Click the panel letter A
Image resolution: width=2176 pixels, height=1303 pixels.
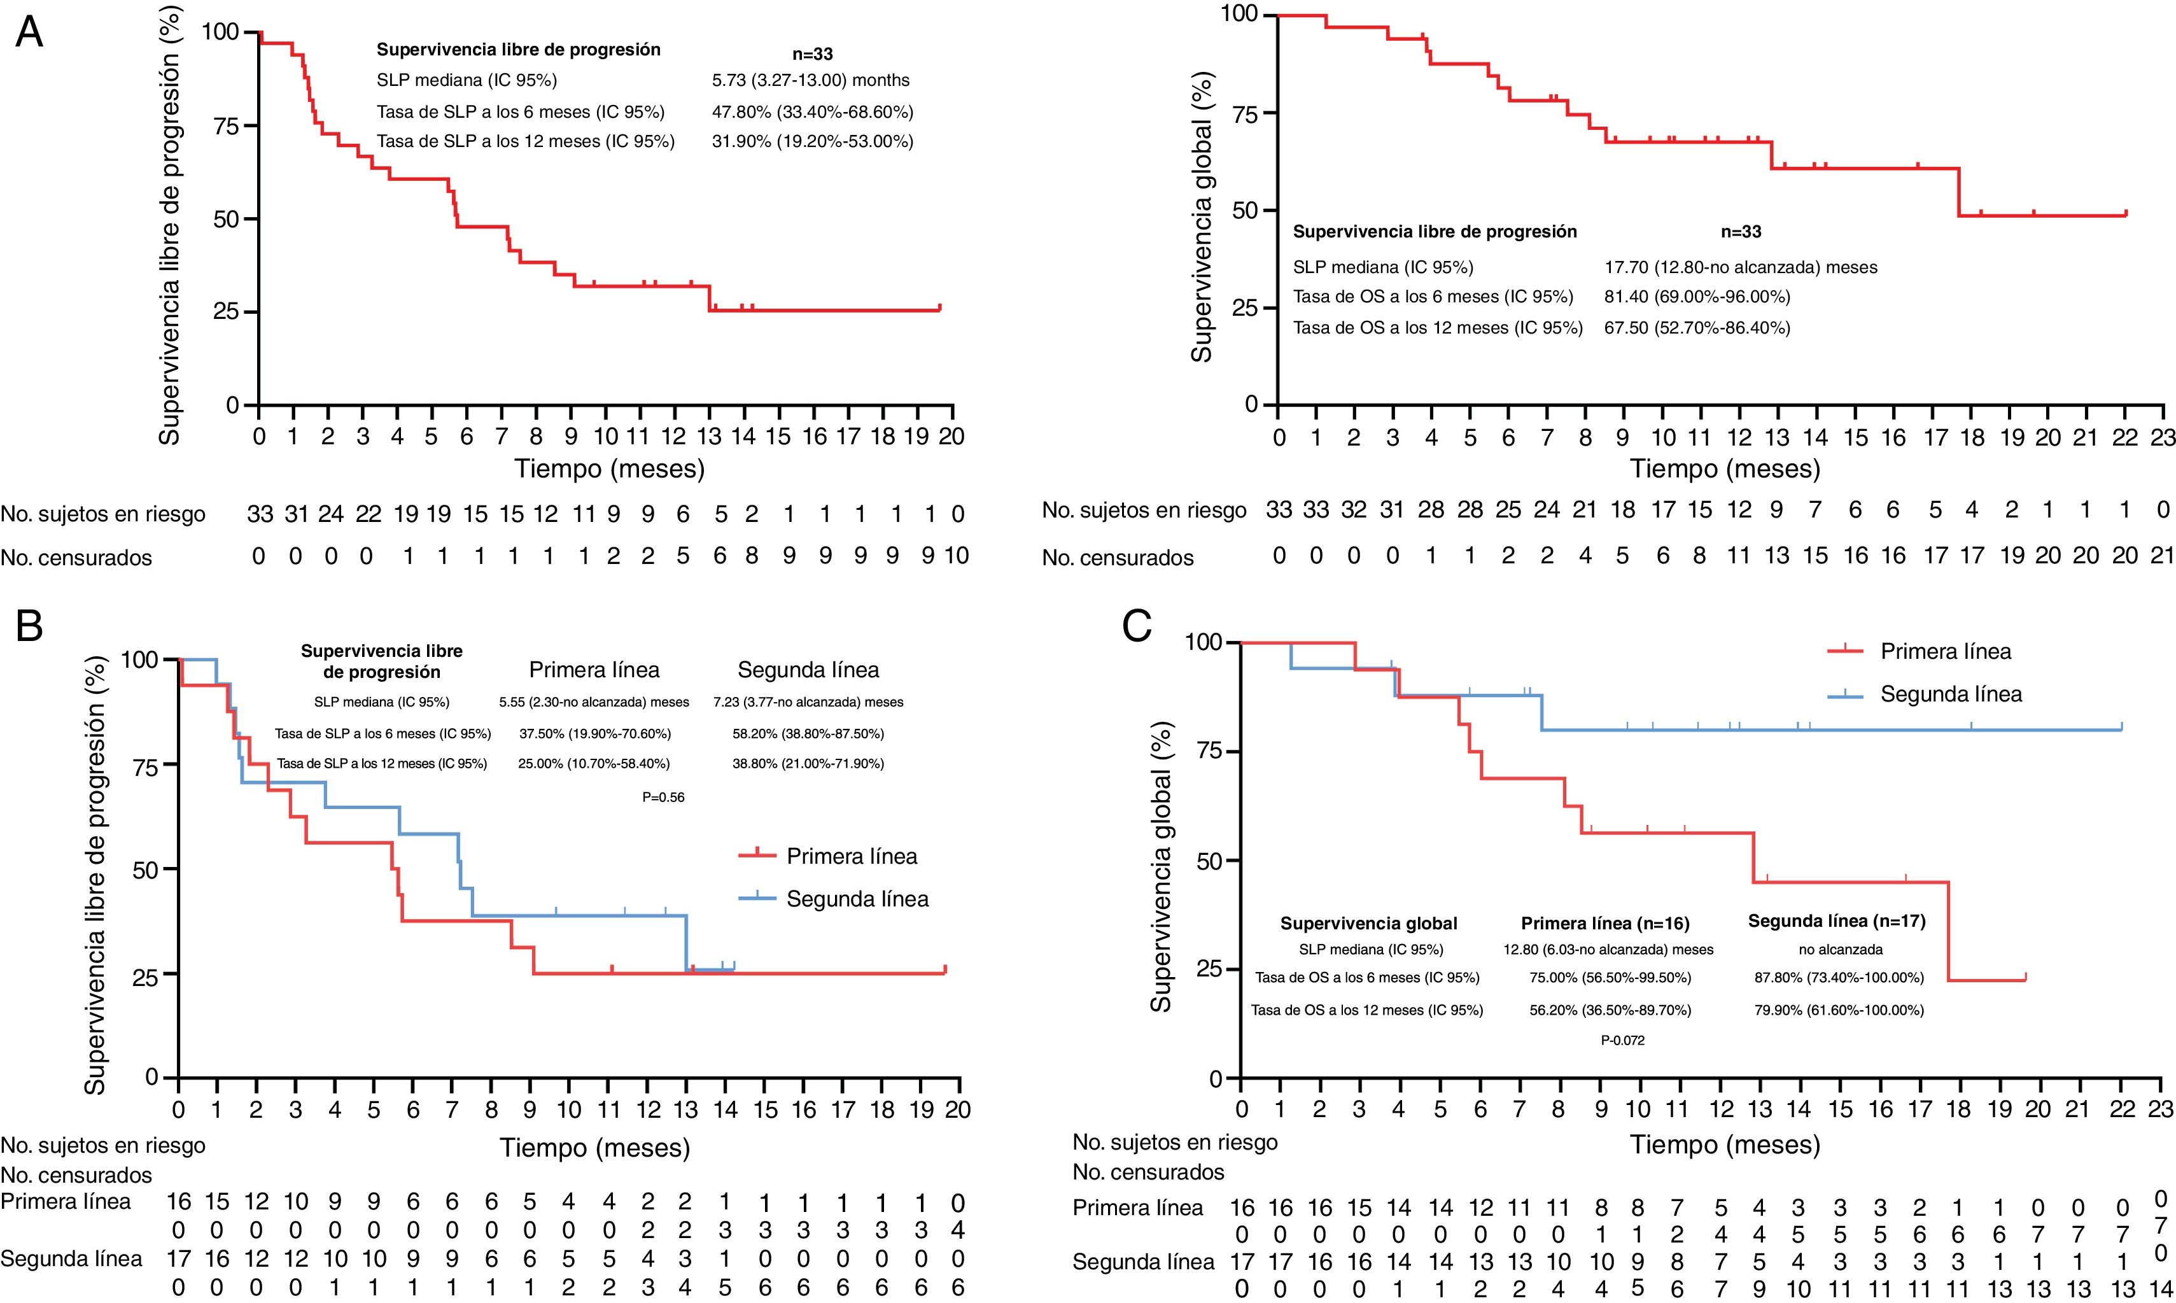pyautogui.click(x=29, y=32)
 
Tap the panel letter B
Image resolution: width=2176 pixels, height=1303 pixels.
pyautogui.click(x=29, y=627)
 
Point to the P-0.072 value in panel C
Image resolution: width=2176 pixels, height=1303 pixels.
pyautogui.click(x=1622, y=1041)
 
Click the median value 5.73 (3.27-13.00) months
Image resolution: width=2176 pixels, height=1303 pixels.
pyautogui.click(x=810, y=80)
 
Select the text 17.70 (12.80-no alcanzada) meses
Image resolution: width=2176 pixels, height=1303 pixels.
pyautogui.click(x=1741, y=267)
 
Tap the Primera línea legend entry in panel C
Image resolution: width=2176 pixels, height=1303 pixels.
pyautogui.click(x=1945, y=652)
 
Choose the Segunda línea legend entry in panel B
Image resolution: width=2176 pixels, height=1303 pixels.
pyautogui.click(x=857, y=898)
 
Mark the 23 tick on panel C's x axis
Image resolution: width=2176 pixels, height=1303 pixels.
pyautogui.click(x=2161, y=1108)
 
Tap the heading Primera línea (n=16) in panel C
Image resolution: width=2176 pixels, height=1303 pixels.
pyautogui.click(x=1604, y=923)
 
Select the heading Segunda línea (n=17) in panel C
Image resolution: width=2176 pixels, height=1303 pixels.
pyautogui.click(x=1836, y=921)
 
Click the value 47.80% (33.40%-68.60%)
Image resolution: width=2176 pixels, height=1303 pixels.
pyautogui.click(x=812, y=111)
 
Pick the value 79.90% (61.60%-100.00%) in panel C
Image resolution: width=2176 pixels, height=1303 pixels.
pyautogui.click(x=1836, y=1010)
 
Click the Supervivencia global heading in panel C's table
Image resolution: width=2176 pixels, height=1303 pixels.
pyautogui.click(x=1368, y=923)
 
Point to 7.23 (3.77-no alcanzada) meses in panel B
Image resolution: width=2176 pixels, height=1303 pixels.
pyautogui.click(x=808, y=701)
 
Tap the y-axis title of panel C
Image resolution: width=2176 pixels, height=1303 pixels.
pyautogui.click(x=1162, y=865)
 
